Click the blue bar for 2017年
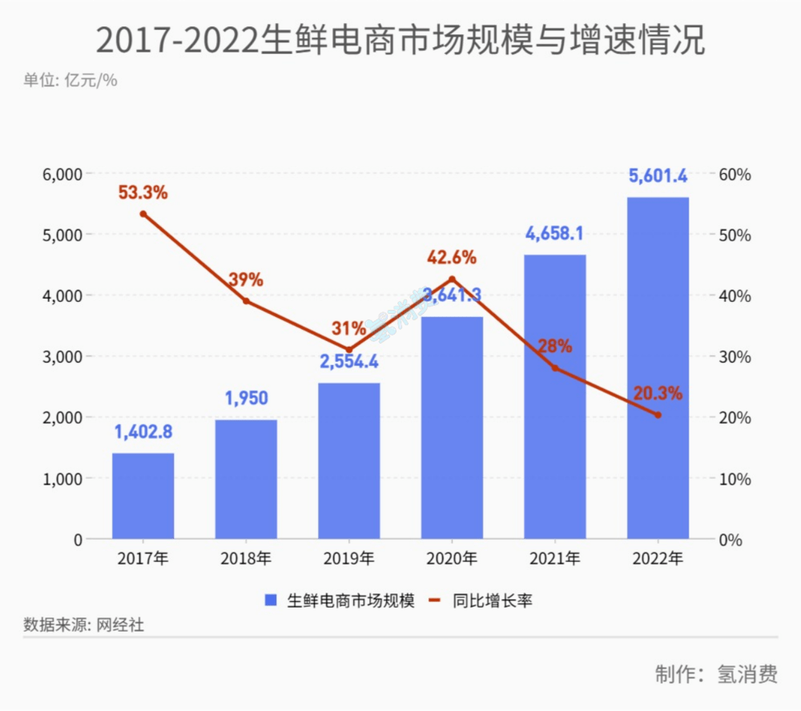[x=143, y=496]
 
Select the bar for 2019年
[x=349, y=460]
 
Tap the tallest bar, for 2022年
[x=658, y=368]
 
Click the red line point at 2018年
[x=246, y=301]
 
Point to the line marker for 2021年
[x=555, y=368]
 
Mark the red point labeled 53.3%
[x=143, y=214]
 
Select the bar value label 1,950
[x=246, y=398]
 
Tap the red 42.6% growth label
[x=452, y=258]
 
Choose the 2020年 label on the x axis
[x=452, y=559]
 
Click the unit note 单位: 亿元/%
[x=70, y=81]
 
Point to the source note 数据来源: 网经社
[x=83, y=625]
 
